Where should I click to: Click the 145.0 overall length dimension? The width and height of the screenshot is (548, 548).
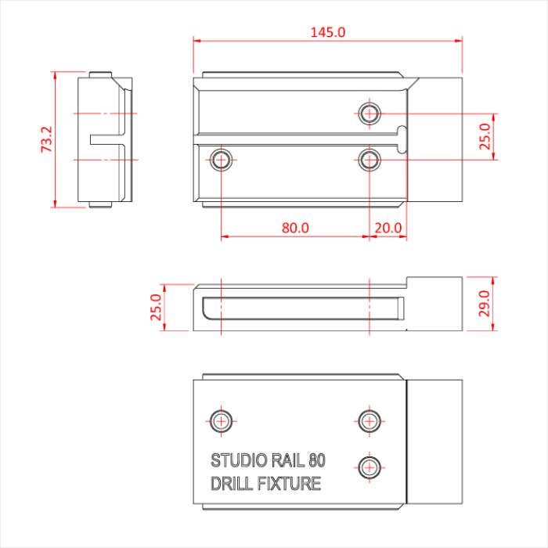328,32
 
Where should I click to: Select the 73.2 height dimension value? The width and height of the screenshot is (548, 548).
46,139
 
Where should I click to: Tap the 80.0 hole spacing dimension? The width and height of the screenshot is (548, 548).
295,228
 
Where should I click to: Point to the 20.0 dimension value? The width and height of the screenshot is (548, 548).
388,228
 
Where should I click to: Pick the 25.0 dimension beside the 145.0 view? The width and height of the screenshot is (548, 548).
485,136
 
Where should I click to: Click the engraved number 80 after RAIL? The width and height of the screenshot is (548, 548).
317,460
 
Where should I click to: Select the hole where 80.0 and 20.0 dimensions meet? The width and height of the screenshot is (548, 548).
369,160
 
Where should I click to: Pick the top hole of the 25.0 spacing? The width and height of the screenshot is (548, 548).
369,113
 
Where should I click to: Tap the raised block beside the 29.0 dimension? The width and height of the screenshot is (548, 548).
435,303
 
